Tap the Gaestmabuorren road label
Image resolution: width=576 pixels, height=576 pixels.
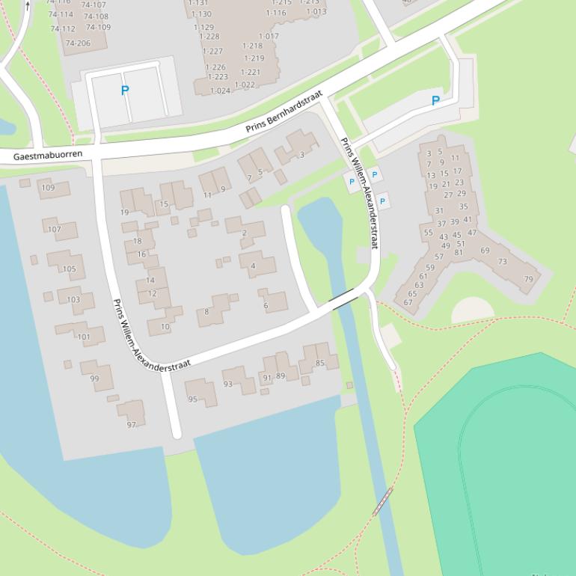pos(48,156)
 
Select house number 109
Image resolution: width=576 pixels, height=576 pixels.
pos(48,188)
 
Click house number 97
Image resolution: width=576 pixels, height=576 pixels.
pos(132,424)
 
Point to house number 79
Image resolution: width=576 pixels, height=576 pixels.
pos(529,279)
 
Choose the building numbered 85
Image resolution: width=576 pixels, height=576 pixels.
pos(320,364)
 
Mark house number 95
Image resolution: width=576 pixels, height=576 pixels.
pos(193,399)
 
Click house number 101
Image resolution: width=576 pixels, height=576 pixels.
pos(84,337)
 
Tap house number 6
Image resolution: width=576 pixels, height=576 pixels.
pos(266,305)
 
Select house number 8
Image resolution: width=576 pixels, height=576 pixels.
pos(207,312)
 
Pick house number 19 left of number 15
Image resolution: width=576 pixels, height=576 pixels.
pos(125,212)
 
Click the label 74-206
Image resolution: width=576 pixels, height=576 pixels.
pos(78,43)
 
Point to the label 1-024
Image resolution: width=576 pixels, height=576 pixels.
pos(221,91)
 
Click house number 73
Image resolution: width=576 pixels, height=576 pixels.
pos(503,262)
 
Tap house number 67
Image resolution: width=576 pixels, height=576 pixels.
pos(408,302)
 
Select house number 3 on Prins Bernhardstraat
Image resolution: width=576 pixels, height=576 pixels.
pos(301,155)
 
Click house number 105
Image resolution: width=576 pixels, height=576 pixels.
pos(69,269)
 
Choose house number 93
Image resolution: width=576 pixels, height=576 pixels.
pos(228,384)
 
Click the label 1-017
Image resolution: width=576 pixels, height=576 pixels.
pos(269,36)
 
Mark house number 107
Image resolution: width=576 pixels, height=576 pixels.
pos(55,229)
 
